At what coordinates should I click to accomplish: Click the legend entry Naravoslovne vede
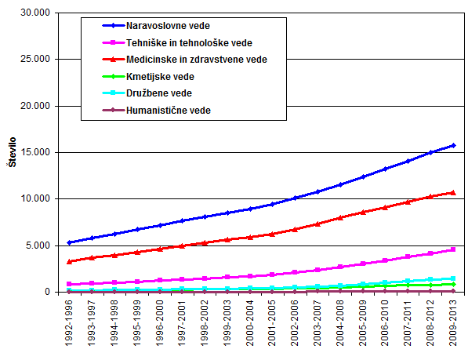point(168,26)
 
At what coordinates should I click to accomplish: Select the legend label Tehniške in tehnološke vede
point(189,43)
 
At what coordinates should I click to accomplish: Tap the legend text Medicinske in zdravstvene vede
point(197,60)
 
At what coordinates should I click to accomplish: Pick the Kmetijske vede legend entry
point(160,77)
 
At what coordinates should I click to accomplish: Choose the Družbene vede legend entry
point(159,93)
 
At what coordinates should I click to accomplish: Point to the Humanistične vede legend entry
point(169,111)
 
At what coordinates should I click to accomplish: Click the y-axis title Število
point(13,152)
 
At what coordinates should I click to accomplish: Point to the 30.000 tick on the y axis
point(35,13)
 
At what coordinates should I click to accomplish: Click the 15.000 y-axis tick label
point(35,152)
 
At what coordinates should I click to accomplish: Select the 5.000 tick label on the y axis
point(38,245)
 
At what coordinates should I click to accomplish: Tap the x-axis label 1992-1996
point(69,323)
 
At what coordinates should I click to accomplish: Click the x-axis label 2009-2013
point(453,323)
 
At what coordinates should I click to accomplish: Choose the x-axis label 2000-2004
point(250,323)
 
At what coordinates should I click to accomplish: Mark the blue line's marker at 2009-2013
point(453,145)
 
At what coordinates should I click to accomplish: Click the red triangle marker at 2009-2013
point(453,193)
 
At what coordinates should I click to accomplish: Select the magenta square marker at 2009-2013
point(453,249)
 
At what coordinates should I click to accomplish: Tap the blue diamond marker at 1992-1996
point(69,242)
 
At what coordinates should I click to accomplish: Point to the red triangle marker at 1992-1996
point(69,261)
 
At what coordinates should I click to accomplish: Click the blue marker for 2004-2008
point(340,185)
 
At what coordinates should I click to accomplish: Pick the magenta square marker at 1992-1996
point(69,284)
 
